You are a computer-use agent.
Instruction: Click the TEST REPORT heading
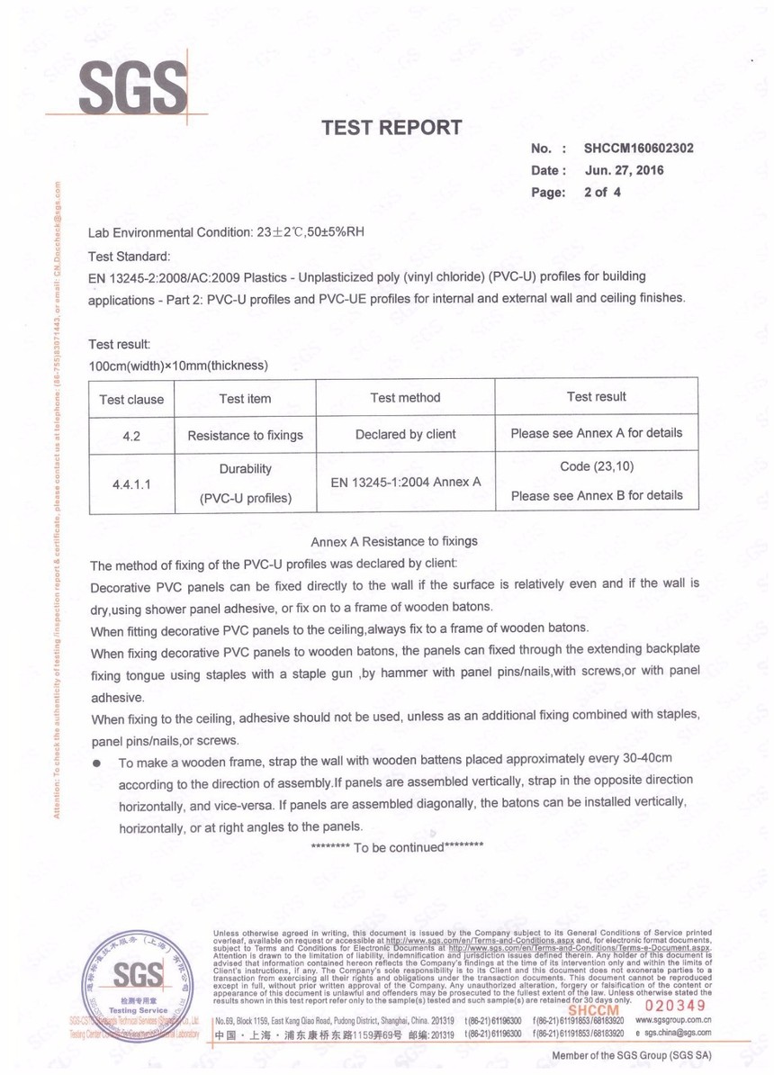point(392,128)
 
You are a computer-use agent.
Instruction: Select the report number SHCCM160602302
point(638,149)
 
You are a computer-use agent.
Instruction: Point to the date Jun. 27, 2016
point(624,170)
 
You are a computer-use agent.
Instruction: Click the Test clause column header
point(131,399)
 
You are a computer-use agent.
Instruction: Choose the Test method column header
point(405,397)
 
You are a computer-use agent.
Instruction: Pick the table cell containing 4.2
point(131,436)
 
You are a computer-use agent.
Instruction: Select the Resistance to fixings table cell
point(245,436)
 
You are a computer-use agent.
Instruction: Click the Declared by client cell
point(405,434)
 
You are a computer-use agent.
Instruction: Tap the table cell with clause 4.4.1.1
point(131,483)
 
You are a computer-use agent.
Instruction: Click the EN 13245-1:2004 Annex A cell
point(405,483)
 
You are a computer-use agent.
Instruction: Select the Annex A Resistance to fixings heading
point(394,542)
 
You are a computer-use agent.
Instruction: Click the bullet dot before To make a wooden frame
point(96,763)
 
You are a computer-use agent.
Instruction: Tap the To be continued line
point(397,847)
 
